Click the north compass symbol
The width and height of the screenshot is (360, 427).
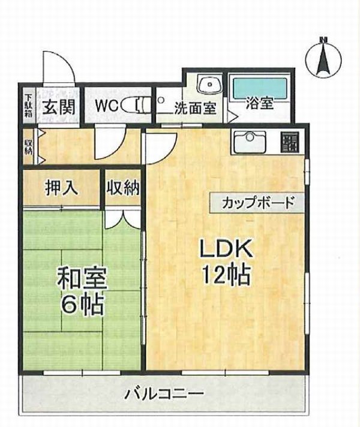click(x=323, y=58)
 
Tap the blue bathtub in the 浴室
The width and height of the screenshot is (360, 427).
click(x=260, y=88)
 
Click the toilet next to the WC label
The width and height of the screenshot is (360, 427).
click(x=135, y=105)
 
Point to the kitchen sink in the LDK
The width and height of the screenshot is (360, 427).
click(x=250, y=142)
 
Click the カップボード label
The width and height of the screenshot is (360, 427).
click(x=258, y=203)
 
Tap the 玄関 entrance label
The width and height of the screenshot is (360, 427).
click(x=59, y=107)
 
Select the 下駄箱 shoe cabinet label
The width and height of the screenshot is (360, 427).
click(x=28, y=106)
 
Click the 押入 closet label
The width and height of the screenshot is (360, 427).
click(x=62, y=188)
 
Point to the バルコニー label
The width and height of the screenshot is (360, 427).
click(x=164, y=393)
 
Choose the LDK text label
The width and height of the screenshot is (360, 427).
click(x=226, y=249)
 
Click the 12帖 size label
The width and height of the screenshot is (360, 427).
click(x=226, y=275)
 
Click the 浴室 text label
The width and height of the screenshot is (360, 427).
click(x=260, y=103)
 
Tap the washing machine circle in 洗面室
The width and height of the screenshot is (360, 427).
click(x=161, y=100)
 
